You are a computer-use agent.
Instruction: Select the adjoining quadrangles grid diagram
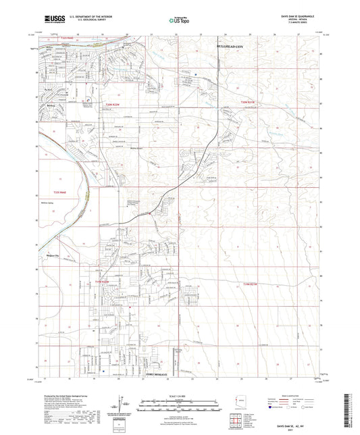[236, 420]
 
